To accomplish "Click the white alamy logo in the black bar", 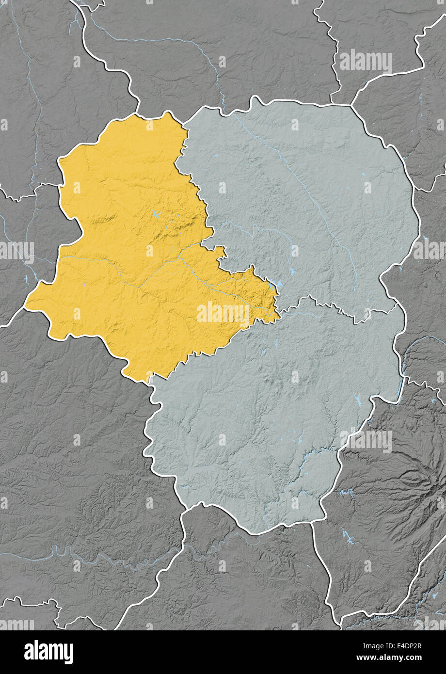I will [49, 652].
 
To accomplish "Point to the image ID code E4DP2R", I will [402, 646].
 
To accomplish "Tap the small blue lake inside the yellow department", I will [155, 213].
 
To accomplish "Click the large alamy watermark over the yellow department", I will [223, 313].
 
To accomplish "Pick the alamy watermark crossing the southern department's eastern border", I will [366, 441].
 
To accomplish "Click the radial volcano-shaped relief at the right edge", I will [417, 480].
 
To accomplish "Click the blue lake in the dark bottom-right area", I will [348, 536].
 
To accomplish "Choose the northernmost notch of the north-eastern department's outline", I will [255, 98].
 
